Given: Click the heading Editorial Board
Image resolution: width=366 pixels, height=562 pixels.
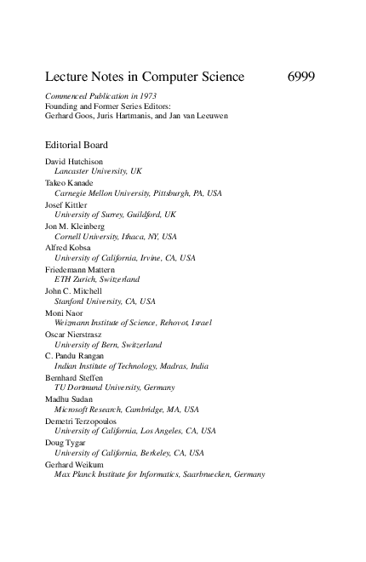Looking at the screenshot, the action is coord(77,146).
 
